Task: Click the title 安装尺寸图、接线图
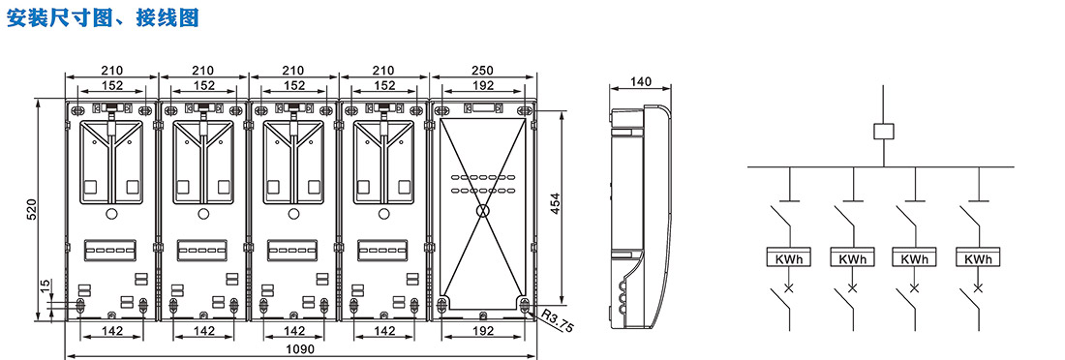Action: [103, 17]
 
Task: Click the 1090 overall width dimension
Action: [300, 349]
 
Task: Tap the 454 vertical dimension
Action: [555, 203]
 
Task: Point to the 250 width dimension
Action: [482, 71]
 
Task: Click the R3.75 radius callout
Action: [558, 322]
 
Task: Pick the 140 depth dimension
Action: [641, 82]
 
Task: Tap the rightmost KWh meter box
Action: [978, 257]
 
